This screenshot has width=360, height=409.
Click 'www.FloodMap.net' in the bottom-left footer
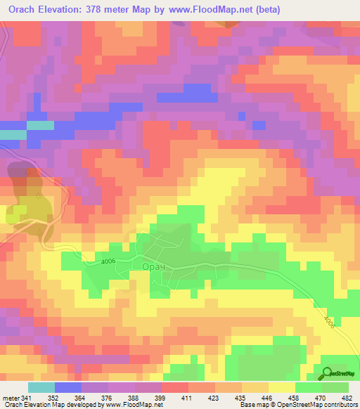click(x=134, y=404)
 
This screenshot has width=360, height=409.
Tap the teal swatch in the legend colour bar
click(x=41, y=387)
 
